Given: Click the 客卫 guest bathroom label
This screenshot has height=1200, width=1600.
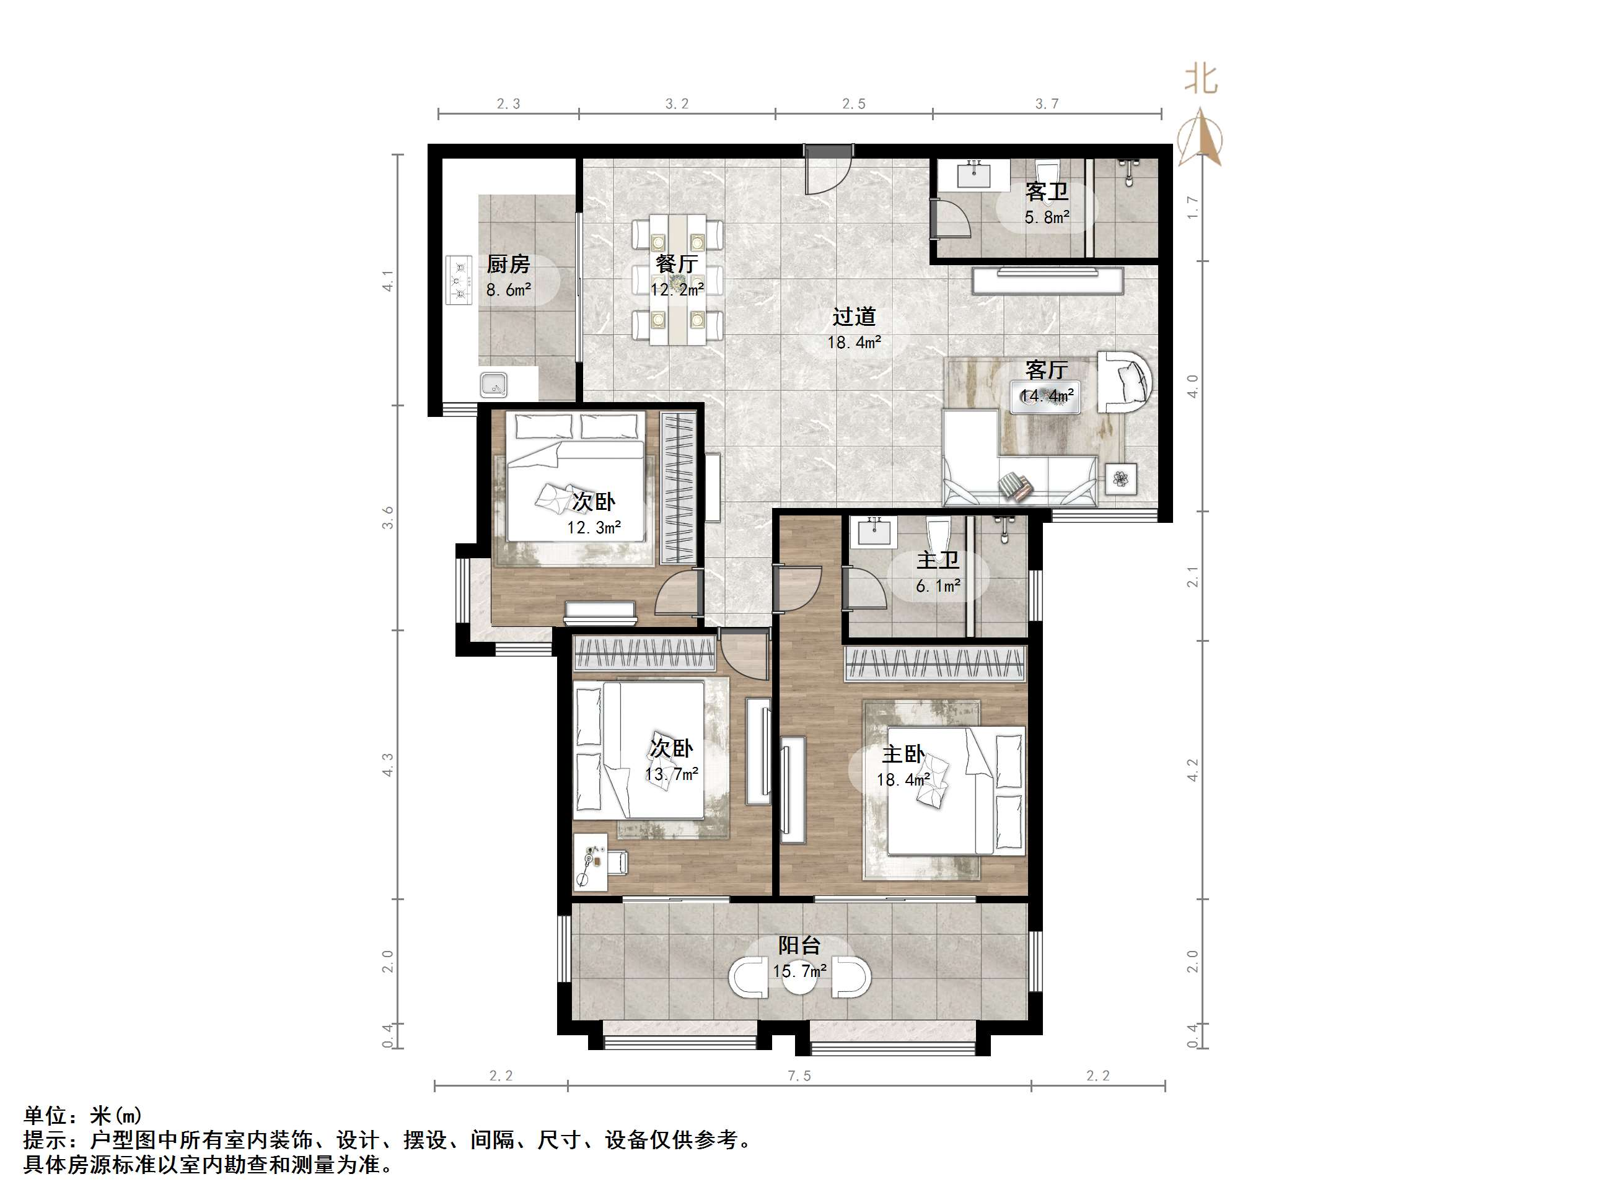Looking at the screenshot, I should pyautogui.click(x=1046, y=191).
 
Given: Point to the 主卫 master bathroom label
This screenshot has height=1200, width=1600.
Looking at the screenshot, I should pyautogui.click(x=938, y=560).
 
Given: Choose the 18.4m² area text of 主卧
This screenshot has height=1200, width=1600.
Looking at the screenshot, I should pyautogui.click(x=903, y=780).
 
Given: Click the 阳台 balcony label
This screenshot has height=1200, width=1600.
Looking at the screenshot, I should pyautogui.click(x=799, y=945).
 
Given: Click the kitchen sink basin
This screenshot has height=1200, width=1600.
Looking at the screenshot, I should pyautogui.click(x=494, y=384).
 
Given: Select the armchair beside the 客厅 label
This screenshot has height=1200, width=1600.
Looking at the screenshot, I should pyautogui.click(x=1124, y=381).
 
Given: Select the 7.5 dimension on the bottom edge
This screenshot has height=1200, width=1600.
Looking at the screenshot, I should pyautogui.click(x=799, y=1075).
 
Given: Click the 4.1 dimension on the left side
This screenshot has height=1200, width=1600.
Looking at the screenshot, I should pyautogui.click(x=389, y=281).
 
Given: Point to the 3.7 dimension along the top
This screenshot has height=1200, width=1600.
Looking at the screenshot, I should pyautogui.click(x=1046, y=104).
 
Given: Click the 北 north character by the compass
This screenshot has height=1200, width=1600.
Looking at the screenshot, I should pyautogui.click(x=1201, y=79).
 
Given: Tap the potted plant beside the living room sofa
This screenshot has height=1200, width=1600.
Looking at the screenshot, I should pyautogui.click(x=1120, y=478).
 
